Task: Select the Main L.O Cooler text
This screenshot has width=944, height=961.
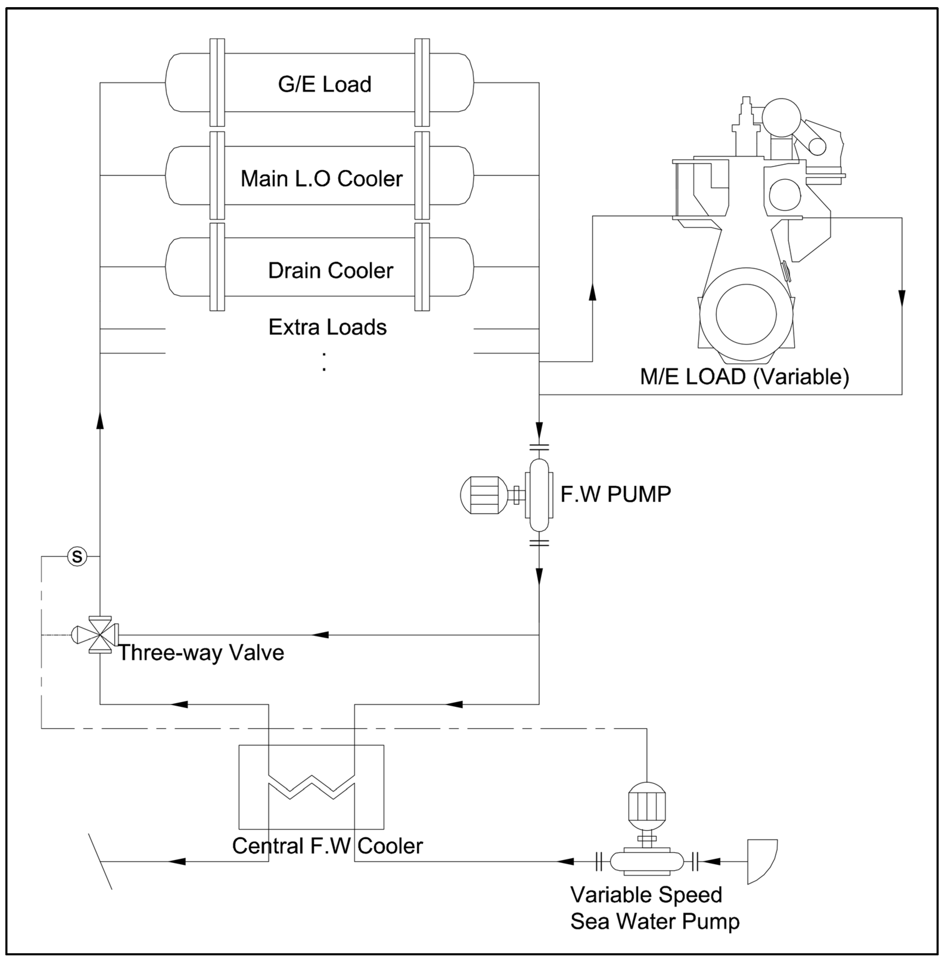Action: pyautogui.click(x=321, y=178)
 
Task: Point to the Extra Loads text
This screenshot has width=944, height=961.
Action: pyautogui.click(x=327, y=327)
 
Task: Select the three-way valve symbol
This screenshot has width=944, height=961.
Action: pyautogui.click(x=100, y=635)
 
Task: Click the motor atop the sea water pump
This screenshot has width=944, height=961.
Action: pyautogui.click(x=647, y=806)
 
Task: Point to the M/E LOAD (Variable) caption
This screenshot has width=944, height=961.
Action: pyautogui.click(x=744, y=377)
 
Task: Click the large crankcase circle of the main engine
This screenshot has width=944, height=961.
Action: pyautogui.click(x=746, y=314)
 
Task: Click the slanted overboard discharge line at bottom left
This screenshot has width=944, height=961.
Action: pyautogui.click(x=100, y=861)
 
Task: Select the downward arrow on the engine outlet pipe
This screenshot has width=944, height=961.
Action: pyautogui.click(x=901, y=297)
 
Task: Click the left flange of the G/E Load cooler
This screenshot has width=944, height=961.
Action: pyautogui.click(x=217, y=82)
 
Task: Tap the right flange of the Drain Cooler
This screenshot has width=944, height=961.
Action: pyautogui.click(x=422, y=267)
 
